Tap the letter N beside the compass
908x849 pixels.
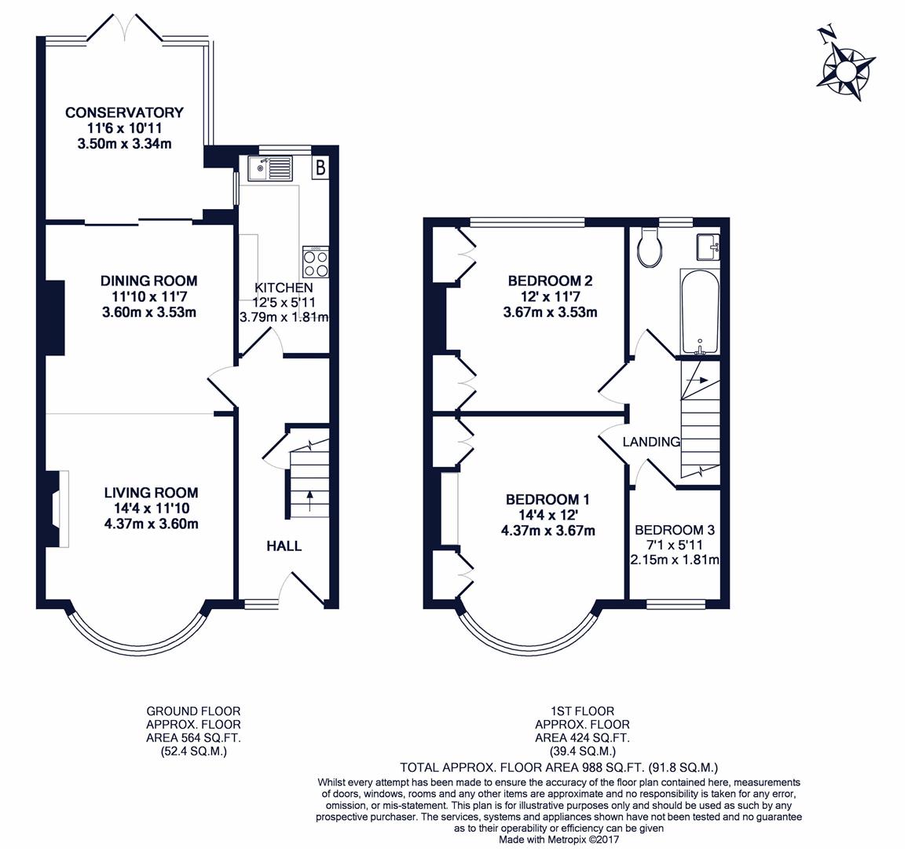tap(826, 34)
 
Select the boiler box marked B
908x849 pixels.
tap(320, 167)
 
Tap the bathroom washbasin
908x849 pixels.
tap(708, 247)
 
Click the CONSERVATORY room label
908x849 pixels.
tap(124, 112)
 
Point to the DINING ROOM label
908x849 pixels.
tap(148, 281)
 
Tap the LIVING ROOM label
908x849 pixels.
tap(151, 493)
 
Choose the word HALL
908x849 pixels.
tap(284, 546)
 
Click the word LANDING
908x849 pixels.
tap(651, 442)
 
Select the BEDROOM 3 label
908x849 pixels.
tap(676, 530)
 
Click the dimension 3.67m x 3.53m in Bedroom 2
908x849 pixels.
tap(550, 312)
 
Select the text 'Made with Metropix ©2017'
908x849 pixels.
tap(558, 840)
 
